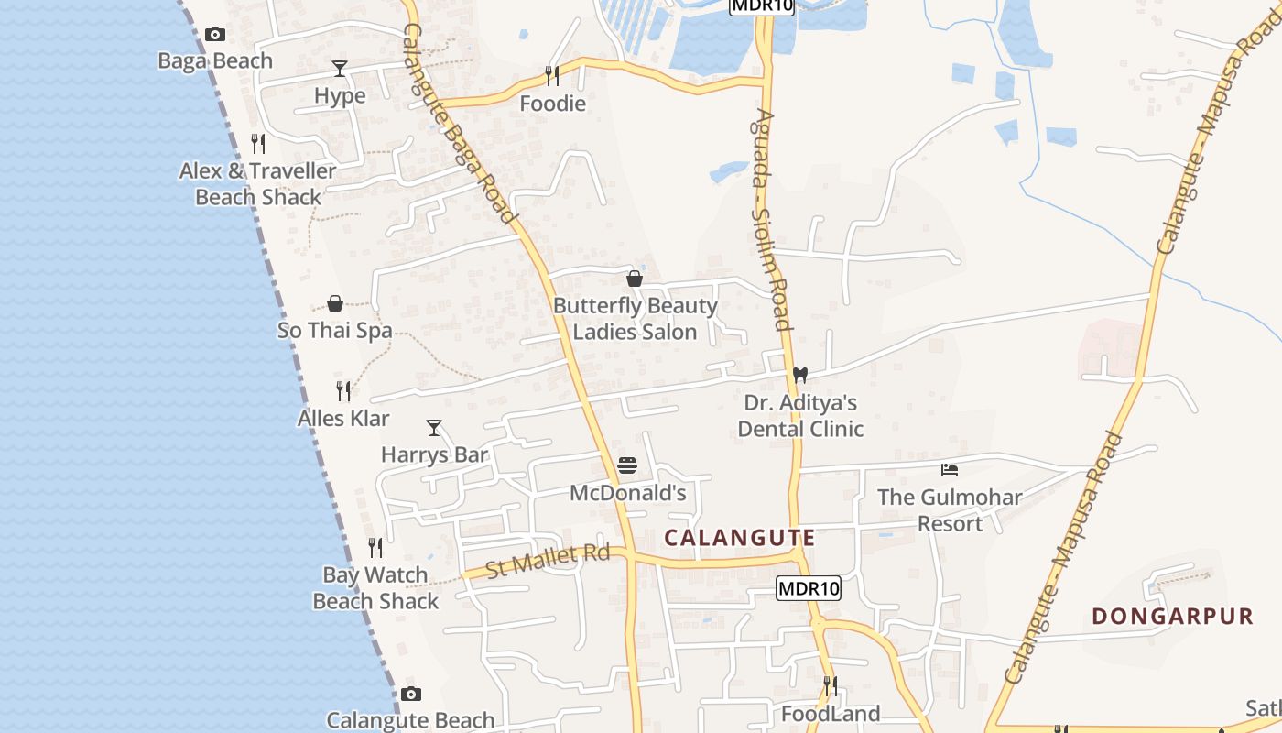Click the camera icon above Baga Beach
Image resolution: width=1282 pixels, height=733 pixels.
pos(215,35)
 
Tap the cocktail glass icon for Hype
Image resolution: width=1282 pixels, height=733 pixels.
pos(340,69)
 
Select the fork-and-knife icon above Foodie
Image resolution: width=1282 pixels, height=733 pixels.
pos(552,76)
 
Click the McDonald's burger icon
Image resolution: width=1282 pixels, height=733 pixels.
pos(627,465)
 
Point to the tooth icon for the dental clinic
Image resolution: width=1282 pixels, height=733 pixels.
pos(799,375)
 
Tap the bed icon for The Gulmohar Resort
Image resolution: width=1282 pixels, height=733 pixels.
pos(950,470)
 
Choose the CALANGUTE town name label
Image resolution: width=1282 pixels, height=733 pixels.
pos(739,537)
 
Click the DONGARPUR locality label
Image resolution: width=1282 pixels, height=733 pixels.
pos(1172,616)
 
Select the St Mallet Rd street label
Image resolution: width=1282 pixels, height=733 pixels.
pos(548,560)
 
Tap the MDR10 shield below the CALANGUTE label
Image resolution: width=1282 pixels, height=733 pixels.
pos(808,588)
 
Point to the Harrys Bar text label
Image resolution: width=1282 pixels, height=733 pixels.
pos(434,454)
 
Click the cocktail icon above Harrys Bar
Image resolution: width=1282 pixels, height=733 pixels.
pos(434,428)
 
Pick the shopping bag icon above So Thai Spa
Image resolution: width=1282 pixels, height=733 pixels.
pos(335,303)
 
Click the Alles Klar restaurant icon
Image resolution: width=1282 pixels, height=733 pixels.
pos(343,391)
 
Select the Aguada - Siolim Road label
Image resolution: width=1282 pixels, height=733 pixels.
pos(768,220)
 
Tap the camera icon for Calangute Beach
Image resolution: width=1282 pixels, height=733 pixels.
pos(411,694)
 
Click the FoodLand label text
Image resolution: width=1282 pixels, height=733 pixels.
pos(831,713)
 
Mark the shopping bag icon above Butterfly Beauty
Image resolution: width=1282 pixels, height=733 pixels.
pos(635,279)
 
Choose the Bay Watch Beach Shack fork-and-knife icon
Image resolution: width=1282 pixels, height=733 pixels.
pos(375,548)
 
